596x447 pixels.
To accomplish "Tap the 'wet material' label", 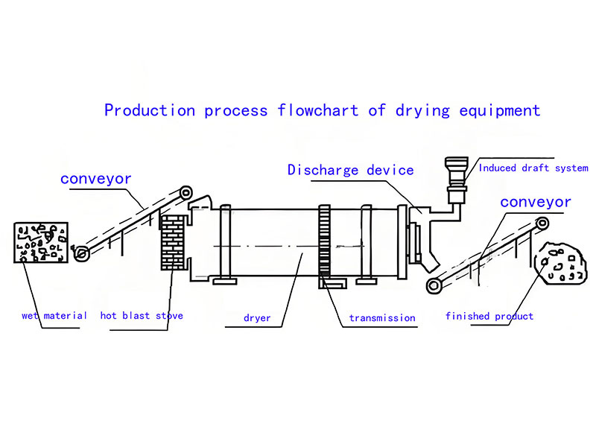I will (x=54, y=316).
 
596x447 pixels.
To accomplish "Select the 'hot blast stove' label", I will (x=142, y=316).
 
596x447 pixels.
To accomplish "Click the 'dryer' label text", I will (x=257, y=318).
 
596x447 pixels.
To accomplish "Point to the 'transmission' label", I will (x=382, y=318).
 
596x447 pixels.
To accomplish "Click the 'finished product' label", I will (x=489, y=317).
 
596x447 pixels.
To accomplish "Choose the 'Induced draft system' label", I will (x=533, y=168).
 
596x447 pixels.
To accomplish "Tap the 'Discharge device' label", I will (x=351, y=171).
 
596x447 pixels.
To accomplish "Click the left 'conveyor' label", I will (x=96, y=179).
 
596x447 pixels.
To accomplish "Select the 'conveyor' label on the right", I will (x=536, y=202).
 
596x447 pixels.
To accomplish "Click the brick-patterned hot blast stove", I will (x=173, y=243).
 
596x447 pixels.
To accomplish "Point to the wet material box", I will (x=42, y=242).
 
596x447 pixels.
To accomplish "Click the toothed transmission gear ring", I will (x=323, y=242).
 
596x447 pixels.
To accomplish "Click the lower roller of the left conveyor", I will (x=83, y=254).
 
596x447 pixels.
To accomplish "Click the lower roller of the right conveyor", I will (x=431, y=285).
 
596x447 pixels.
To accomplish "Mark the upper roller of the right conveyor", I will (x=544, y=223).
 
